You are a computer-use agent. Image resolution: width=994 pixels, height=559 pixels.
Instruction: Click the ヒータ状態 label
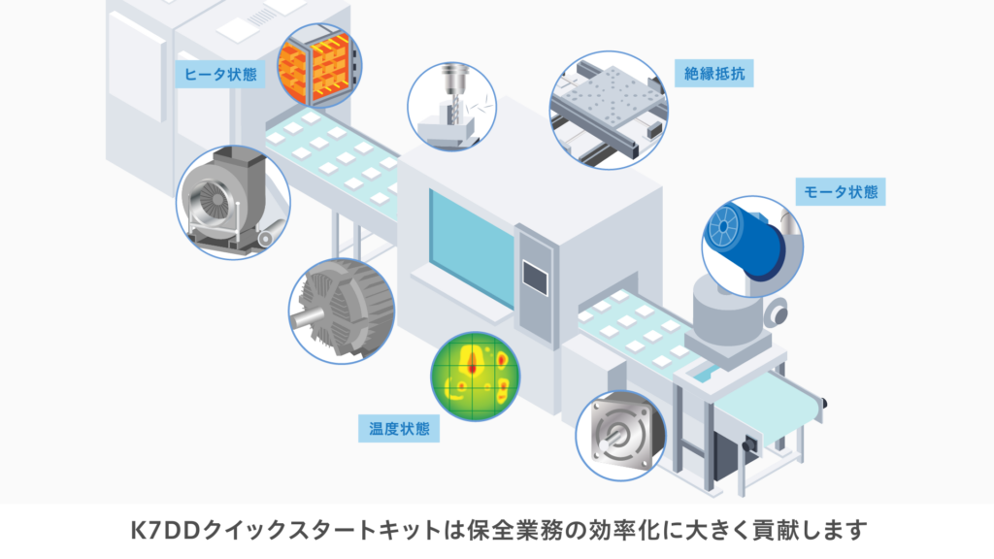220,74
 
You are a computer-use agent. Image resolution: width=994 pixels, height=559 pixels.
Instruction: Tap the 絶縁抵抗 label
713,74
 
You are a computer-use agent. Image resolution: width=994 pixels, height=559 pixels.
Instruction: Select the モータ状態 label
841,191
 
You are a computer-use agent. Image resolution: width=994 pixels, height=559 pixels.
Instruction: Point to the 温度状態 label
399,428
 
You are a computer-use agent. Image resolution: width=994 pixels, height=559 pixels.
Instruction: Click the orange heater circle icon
319,65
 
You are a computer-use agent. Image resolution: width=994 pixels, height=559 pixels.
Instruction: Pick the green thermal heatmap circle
475,377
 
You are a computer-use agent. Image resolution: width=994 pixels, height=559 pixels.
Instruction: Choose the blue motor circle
752,247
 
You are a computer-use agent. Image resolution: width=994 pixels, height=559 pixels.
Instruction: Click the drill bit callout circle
452,107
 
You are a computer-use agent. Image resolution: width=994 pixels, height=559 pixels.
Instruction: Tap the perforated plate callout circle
609,111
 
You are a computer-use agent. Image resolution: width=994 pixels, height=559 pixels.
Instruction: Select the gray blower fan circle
233,202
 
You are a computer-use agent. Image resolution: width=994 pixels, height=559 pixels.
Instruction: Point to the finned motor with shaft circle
342,311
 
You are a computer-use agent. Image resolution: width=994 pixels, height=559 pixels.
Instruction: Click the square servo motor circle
620,436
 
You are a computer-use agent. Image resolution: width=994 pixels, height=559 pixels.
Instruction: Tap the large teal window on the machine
471,248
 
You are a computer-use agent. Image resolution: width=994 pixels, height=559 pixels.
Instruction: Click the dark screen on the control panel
535,278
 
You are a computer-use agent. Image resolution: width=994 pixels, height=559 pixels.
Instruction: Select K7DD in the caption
165,530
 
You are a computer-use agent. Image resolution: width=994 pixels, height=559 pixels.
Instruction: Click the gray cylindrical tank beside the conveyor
727,311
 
